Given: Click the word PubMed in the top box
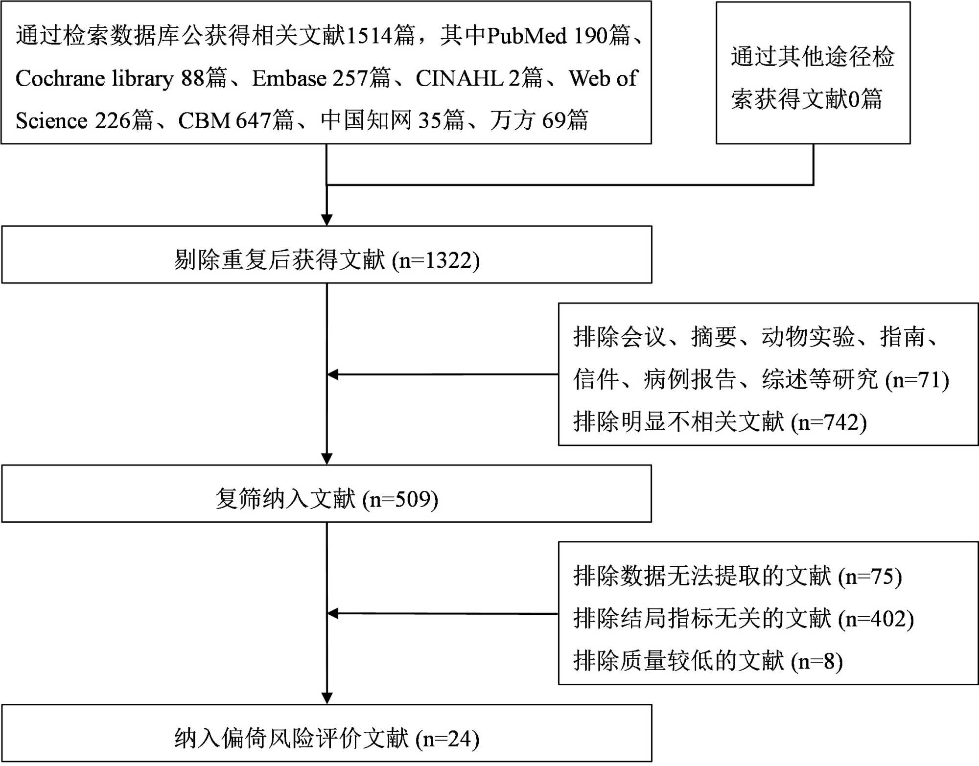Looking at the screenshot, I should [527, 36].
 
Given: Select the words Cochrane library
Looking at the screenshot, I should [94, 78].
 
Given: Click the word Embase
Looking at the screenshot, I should [289, 78].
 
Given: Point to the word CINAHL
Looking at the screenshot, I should [460, 78].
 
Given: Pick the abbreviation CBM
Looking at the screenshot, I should [204, 121].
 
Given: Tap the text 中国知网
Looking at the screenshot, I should [366, 121].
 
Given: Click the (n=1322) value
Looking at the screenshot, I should [436, 260].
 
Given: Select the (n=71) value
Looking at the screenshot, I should [917, 380].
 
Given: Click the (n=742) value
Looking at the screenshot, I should [829, 422].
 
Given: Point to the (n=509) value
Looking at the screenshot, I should [400, 500].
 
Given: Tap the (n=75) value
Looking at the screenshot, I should [870, 577].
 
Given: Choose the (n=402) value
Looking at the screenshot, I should [876, 619].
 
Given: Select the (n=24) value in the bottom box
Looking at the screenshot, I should [447, 739].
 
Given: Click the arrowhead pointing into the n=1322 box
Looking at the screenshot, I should [326, 220].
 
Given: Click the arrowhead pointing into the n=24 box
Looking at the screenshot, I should [326, 698].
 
